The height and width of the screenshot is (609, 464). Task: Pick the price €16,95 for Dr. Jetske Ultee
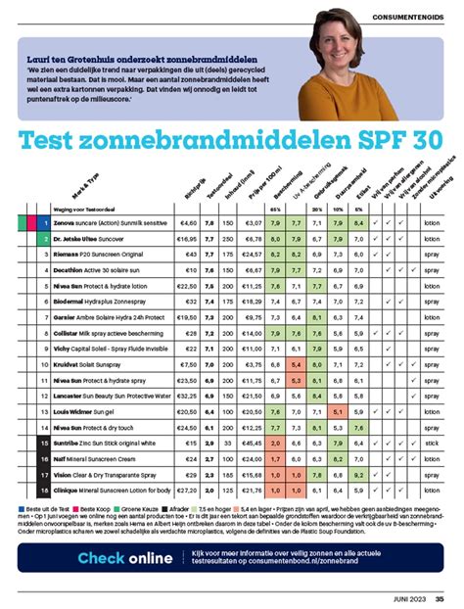click(x=187, y=238)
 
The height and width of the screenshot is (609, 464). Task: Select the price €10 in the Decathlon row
click(x=190, y=268)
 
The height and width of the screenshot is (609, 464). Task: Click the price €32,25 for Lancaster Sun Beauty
click(x=187, y=397)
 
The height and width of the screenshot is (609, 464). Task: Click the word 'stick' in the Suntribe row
click(x=432, y=445)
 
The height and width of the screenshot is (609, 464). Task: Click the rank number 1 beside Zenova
click(x=45, y=223)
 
